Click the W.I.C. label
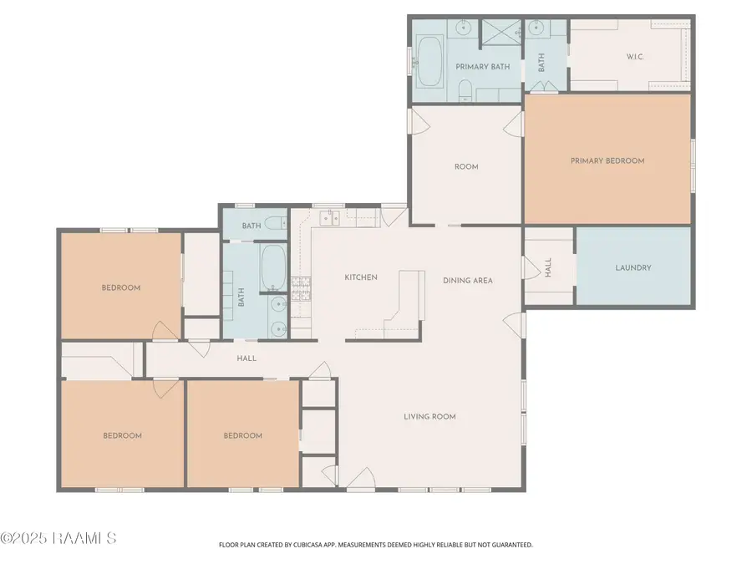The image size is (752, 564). click(x=635, y=57)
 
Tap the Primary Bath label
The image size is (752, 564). click(x=482, y=67)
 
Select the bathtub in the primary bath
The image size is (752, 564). click(x=429, y=61)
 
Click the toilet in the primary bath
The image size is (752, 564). click(x=465, y=90)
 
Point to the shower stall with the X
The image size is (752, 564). click(x=501, y=32)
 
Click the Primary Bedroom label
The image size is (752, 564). click(x=607, y=160)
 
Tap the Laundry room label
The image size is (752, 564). click(x=633, y=267)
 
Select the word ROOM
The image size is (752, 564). click(x=466, y=167)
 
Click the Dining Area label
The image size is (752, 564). click(x=468, y=281)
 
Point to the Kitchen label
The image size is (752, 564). click(x=361, y=277)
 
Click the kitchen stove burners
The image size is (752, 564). click(x=301, y=289)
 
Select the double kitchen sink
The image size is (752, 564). click(x=329, y=217)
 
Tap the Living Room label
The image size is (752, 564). click(x=429, y=417)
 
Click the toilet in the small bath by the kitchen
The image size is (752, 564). click(x=276, y=223)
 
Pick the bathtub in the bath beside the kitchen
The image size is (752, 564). click(x=273, y=267)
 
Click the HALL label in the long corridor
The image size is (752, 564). click(x=246, y=358)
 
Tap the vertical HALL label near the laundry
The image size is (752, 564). click(x=548, y=267)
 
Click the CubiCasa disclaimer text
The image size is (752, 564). click(x=375, y=545)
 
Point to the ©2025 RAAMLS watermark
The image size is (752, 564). click(x=58, y=538)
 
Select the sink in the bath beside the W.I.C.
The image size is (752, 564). click(x=536, y=28)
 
